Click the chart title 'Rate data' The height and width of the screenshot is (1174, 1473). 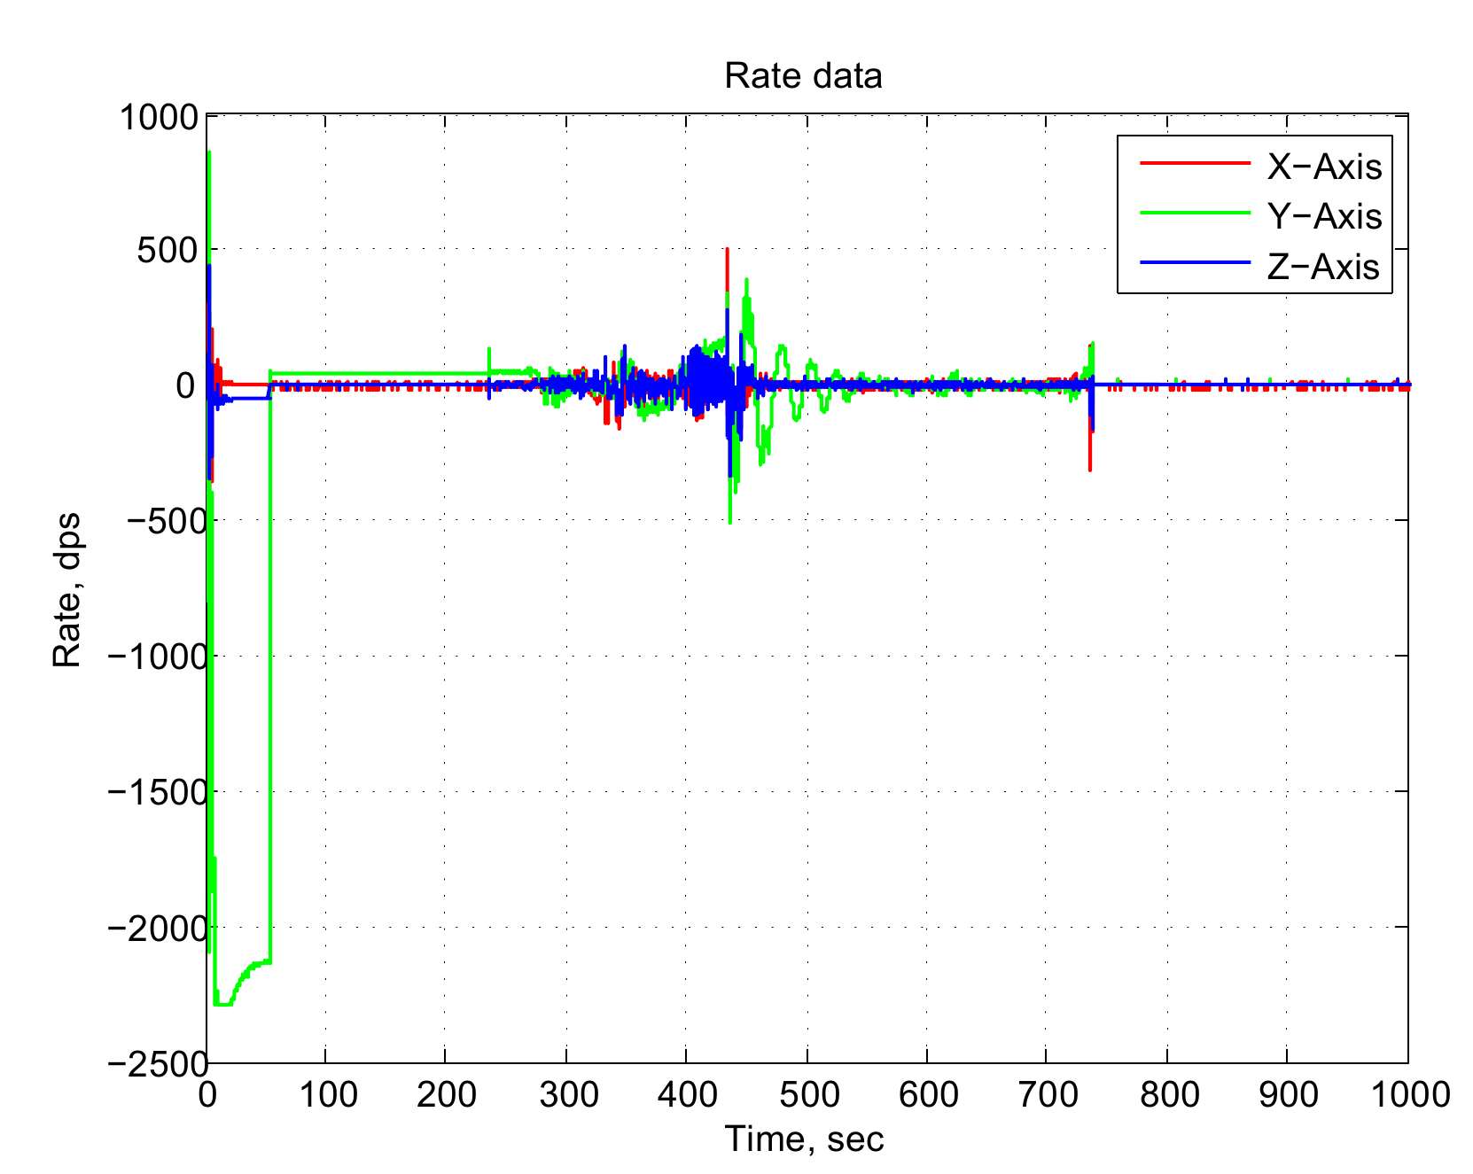pyautogui.click(x=803, y=76)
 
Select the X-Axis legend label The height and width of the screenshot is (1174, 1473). pyautogui.click(x=1324, y=167)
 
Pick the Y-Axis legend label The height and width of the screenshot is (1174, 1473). pyautogui.click(x=1324, y=216)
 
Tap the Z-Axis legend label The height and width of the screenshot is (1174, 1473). pyautogui.click(x=1323, y=267)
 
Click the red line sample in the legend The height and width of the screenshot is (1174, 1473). pyautogui.click(x=1194, y=164)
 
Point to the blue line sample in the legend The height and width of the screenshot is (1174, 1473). pyautogui.click(x=1194, y=263)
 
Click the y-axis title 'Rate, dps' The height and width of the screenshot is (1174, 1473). pyautogui.click(x=67, y=589)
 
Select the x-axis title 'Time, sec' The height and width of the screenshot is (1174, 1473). pyautogui.click(x=804, y=1139)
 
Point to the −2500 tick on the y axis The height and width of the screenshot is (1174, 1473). pyautogui.click(x=157, y=1062)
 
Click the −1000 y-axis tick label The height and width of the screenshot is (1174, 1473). pyautogui.click(x=157, y=657)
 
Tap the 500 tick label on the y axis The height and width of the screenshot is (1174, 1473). pyautogui.click(x=167, y=251)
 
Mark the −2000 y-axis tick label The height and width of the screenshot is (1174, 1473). pyautogui.click(x=157, y=928)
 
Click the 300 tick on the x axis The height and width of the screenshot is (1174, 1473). pyautogui.click(x=566, y=1095)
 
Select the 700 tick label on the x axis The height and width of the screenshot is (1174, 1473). pyautogui.click(x=1048, y=1095)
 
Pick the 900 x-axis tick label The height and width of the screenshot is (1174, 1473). pyautogui.click(x=1288, y=1095)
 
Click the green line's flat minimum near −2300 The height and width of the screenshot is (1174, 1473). pyautogui.click(x=223, y=1004)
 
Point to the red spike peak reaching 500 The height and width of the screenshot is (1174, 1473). pyautogui.click(x=727, y=251)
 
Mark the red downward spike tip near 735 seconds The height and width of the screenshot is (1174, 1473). pyautogui.click(x=1090, y=469)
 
